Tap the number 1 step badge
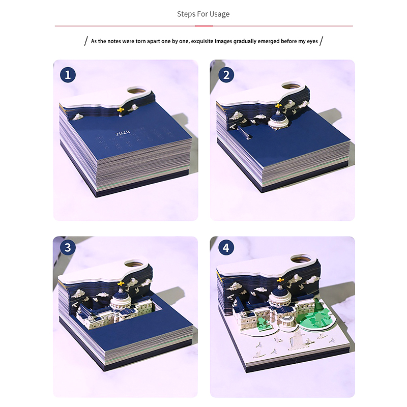pyautogui.click(x=68, y=75)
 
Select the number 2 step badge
pyautogui.click(x=226, y=75)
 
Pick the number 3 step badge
pyautogui.click(x=68, y=247)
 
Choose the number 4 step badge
pyautogui.click(x=226, y=247)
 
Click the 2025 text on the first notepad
pyautogui.click(x=123, y=133)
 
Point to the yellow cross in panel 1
pyautogui.click(x=121, y=110)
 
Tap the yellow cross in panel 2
pyautogui.click(x=278, y=106)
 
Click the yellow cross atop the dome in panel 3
pyautogui.click(x=121, y=283)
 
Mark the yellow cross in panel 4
pyautogui.click(x=280, y=280)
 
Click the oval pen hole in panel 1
pyautogui.click(x=137, y=91)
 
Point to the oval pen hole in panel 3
pyautogui.click(x=134, y=264)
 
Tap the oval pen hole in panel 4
pyautogui.click(x=301, y=258)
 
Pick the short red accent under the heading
pyautogui.click(x=204, y=26)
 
